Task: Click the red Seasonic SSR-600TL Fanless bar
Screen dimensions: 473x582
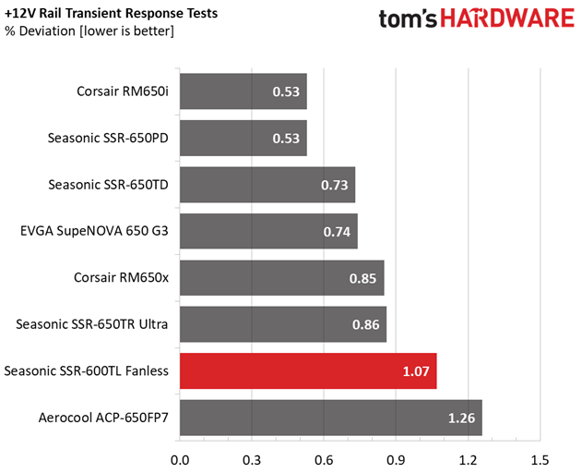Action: [307, 371]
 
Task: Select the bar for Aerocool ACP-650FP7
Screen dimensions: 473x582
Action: [330, 418]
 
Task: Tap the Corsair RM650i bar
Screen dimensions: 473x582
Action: [243, 91]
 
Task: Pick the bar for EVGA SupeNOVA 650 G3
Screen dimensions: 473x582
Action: [268, 232]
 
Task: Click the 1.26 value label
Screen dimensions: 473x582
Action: [462, 418]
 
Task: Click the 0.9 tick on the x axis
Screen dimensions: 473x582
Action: [396, 459]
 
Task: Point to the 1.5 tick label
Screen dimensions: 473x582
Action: [540, 459]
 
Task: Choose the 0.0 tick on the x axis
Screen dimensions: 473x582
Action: [179, 459]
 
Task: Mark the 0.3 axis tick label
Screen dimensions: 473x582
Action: [251, 459]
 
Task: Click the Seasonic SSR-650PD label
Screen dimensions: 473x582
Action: [107, 139]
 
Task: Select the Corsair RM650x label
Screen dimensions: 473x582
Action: [121, 277]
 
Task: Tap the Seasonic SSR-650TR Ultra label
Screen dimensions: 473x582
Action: [91, 324]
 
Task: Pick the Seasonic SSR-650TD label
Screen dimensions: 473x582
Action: [107, 185]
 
